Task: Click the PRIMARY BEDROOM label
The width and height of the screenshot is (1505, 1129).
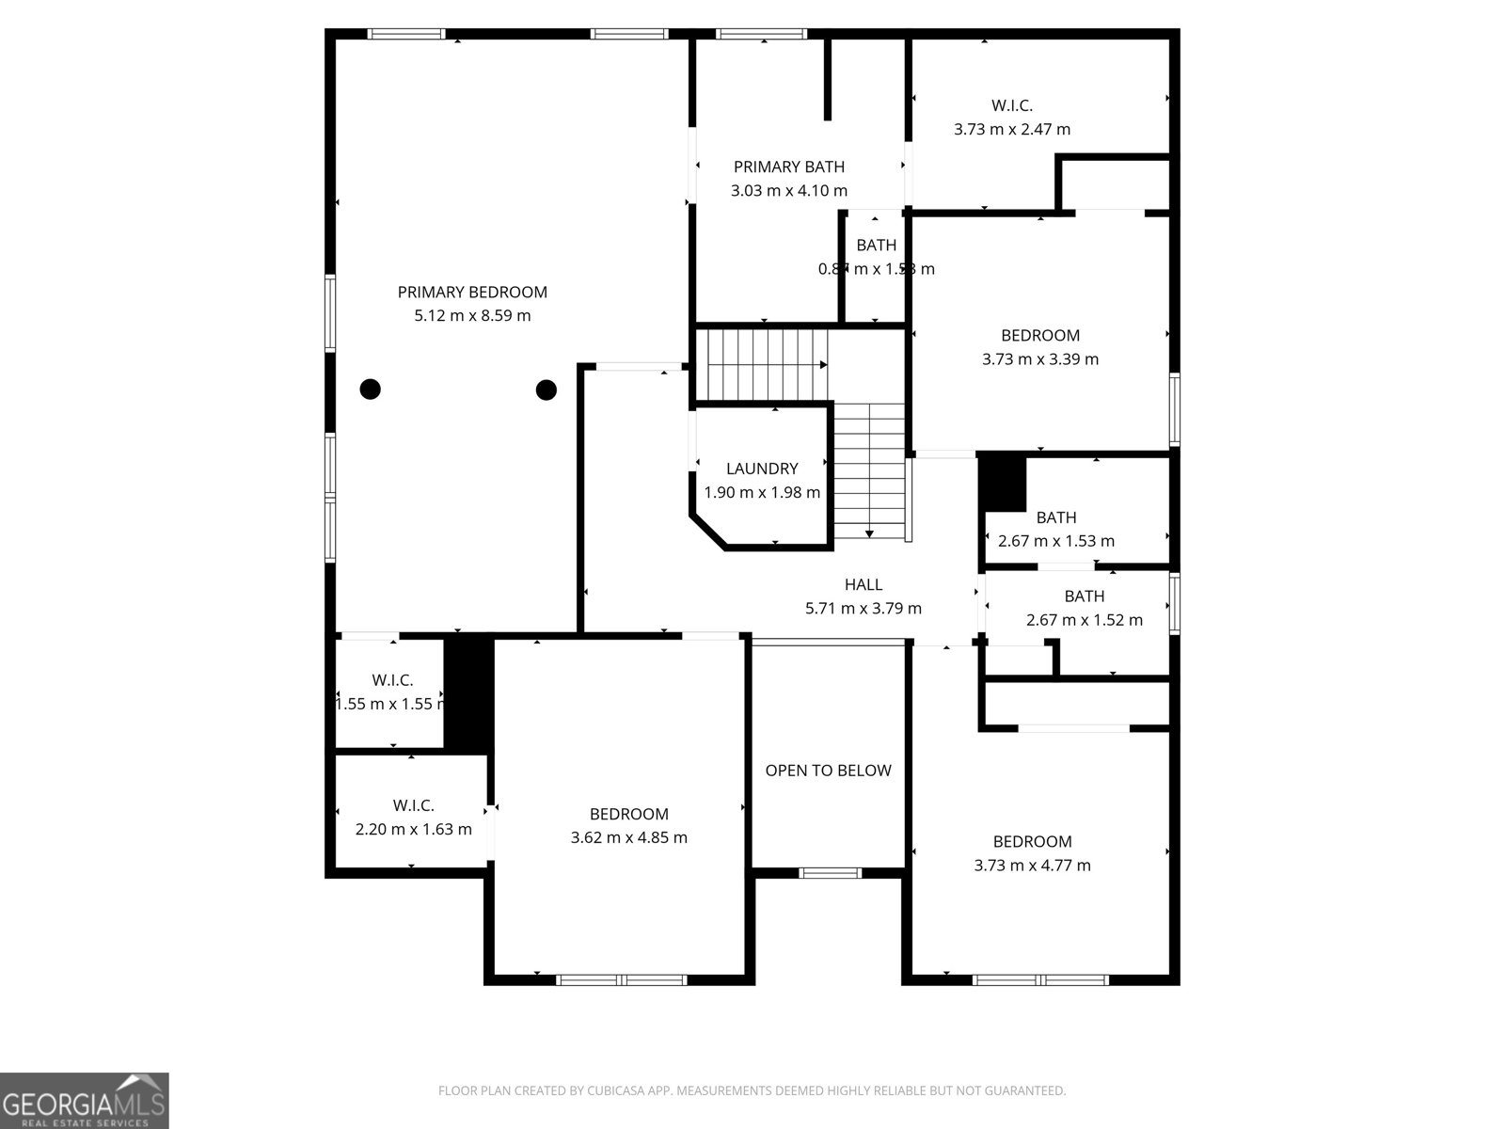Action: [x=472, y=292]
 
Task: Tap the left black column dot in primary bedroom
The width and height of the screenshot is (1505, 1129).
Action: [x=371, y=389]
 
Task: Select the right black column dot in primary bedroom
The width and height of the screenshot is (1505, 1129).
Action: [x=547, y=389]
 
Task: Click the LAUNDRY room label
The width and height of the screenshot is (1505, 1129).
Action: [x=762, y=469]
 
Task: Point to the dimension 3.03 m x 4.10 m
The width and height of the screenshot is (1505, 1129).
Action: [x=788, y=191]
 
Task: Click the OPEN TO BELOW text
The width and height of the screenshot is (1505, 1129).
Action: [x=828, y=771]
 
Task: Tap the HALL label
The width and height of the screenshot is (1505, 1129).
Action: [x=863, y=584]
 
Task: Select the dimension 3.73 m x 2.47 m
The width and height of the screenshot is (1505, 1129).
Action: [x=1011, y=130]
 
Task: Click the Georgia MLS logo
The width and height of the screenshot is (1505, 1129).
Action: [x=85, y=1100]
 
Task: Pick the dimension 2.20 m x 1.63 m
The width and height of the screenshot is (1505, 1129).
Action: [x=413, y=830]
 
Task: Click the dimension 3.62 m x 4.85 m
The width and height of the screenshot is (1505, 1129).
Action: [x=628, y=837]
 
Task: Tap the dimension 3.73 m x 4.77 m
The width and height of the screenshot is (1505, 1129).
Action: [x=1032, y=866]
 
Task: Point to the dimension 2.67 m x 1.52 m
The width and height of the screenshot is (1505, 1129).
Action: [x=1084, y=620]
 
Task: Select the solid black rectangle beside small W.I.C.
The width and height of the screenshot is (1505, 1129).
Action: [x=468, y=693]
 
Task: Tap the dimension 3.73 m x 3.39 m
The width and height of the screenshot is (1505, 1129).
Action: [x=1039, y=359]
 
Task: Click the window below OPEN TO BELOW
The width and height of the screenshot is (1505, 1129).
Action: [x=830, y=873]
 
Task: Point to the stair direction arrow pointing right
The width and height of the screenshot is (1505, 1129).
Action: [x=822, y=364]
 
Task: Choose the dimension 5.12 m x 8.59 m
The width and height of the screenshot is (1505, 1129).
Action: [x=472, y=316]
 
